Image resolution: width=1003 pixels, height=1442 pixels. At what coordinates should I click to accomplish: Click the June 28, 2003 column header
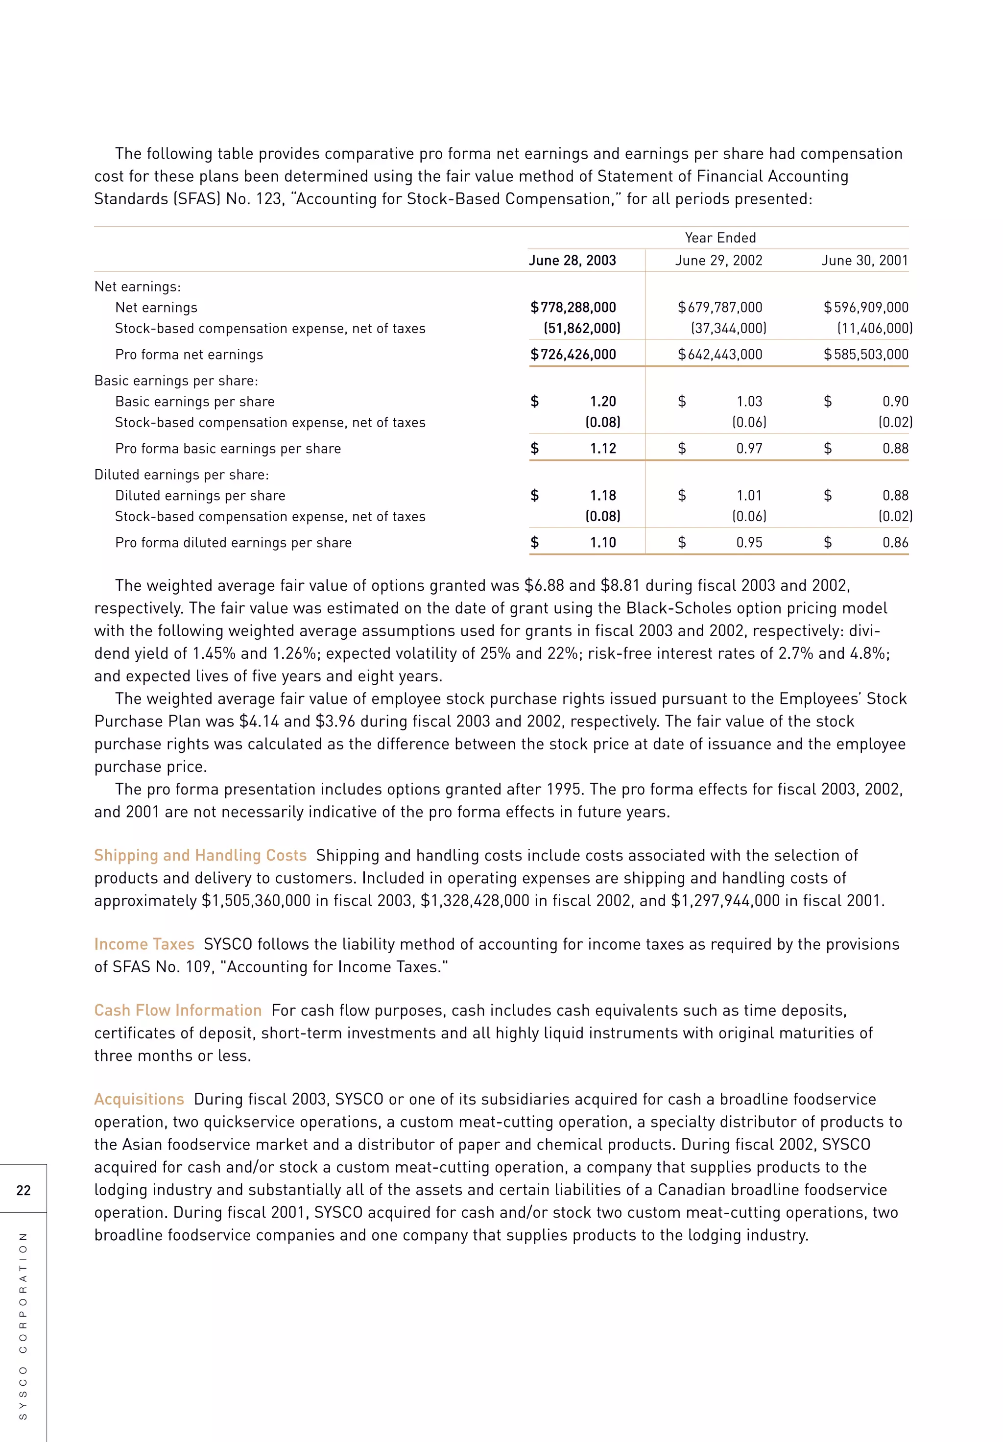(572, 261)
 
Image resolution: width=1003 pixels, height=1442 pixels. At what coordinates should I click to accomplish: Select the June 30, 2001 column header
(865, 261)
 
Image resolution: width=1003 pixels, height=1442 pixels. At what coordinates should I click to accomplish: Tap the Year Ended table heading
(720, 238)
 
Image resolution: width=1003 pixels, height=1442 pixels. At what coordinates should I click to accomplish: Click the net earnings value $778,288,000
(573, 308)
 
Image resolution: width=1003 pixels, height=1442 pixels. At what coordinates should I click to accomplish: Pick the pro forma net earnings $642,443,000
(720, 355)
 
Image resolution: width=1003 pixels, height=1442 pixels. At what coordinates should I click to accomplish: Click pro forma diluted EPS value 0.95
(749, 543)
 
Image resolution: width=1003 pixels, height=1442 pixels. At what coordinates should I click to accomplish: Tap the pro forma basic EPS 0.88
(895, 449)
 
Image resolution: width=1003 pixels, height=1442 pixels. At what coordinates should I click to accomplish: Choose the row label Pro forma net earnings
(189, 355)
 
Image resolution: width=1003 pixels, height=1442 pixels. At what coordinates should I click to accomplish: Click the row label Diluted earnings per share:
(182, 475)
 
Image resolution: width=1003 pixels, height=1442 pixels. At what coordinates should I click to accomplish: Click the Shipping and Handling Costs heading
(200, 855)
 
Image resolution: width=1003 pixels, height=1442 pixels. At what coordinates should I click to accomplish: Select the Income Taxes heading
(144, 944)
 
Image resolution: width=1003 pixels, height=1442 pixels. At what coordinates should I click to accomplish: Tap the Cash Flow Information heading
(178, 1010)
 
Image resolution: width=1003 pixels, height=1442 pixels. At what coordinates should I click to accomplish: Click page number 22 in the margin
(23, 1190)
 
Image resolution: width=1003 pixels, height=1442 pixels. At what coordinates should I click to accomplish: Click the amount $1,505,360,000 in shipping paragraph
(256, 901)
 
